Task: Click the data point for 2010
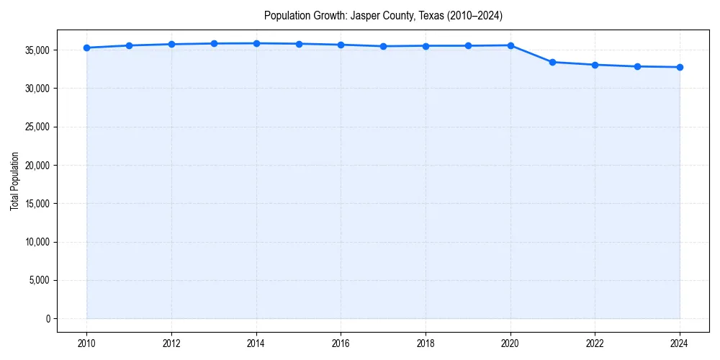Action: [x=86, y=48]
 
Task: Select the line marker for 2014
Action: [x=256, y=43]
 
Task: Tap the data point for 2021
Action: [x=552, y=62]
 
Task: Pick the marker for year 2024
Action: [x=680, y=67]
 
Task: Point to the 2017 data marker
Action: [x=383, y=46]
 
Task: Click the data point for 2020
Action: [x=510, y=45]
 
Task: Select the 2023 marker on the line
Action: [x=637, y=66]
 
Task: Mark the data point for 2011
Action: [x=129, y=45]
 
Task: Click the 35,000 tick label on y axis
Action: [x=36, y=50]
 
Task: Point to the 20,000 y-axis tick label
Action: [x=36, y=166]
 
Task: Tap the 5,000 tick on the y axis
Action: [x=38, y=280]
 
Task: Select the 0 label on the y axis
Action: [x=48, y=318]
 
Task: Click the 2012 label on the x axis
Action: [x=171, y=343]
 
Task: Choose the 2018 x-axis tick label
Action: [x=426, y=343]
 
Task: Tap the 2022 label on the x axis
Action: [x=595, y=343]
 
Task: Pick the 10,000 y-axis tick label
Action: [x=36, y=242]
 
